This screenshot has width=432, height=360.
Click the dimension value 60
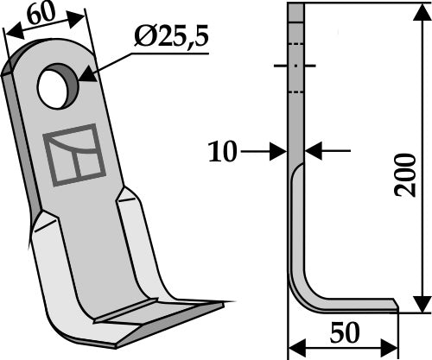pyautogui.click(x=37, y=15)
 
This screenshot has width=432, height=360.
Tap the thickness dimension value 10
pyautogui.click(x=222, y=153)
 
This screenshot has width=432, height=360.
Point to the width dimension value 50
pyautogui.click(x=344, y=332)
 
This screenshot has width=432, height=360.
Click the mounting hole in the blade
pyautogui.click(x=58, y=90)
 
